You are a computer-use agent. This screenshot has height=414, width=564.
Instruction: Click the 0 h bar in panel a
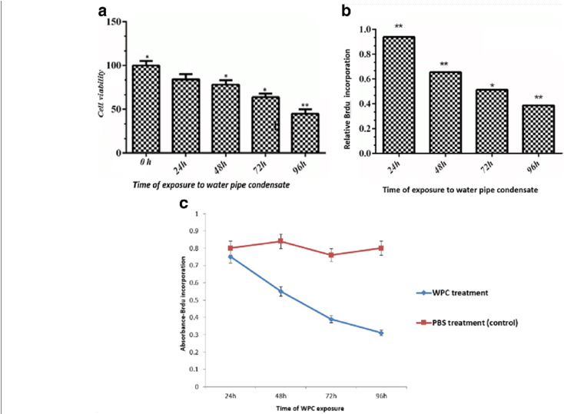click(146, 109)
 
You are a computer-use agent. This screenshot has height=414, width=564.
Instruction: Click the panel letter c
click(182, 204)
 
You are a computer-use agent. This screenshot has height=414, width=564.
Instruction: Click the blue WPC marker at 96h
click(381, 333)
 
